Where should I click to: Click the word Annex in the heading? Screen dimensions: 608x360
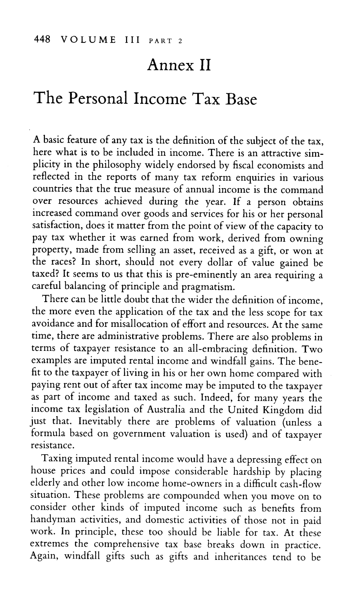click(x=167, y=66)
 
